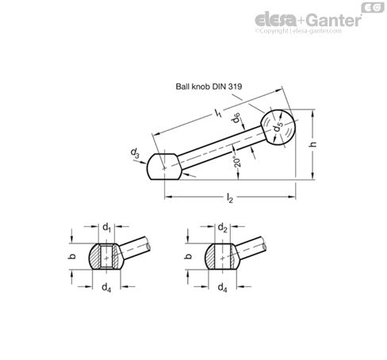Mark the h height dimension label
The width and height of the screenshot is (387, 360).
pos(316,145)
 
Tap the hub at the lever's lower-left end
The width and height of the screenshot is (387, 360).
pos(164,167)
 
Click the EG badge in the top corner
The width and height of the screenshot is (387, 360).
pos(370,6)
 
